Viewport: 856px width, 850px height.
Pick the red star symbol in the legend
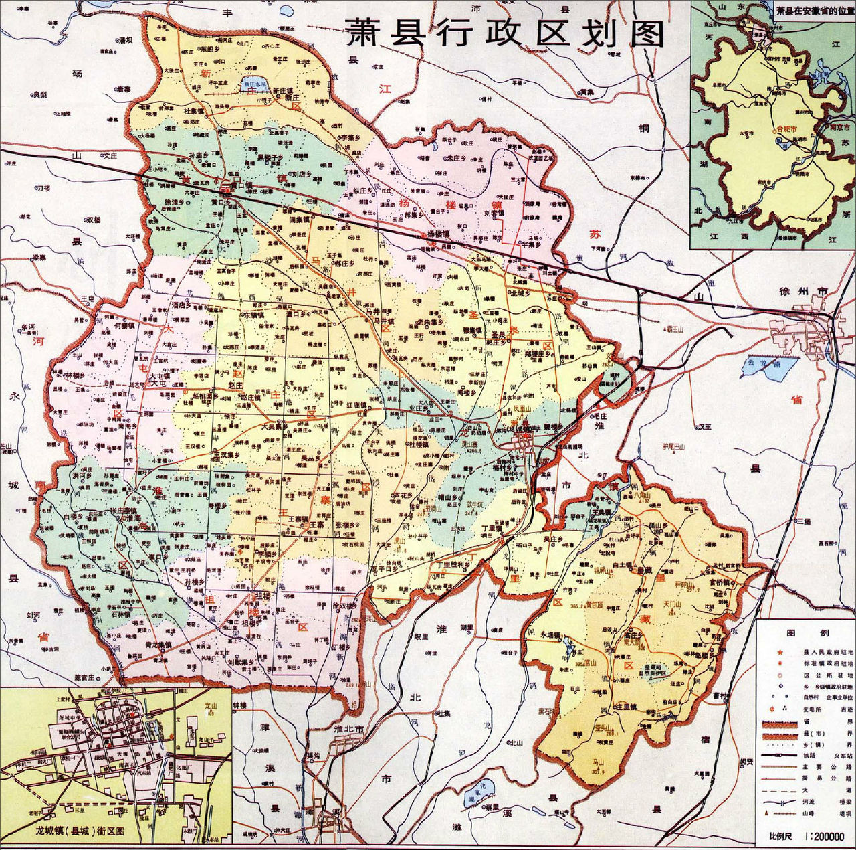click(778, 651)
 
